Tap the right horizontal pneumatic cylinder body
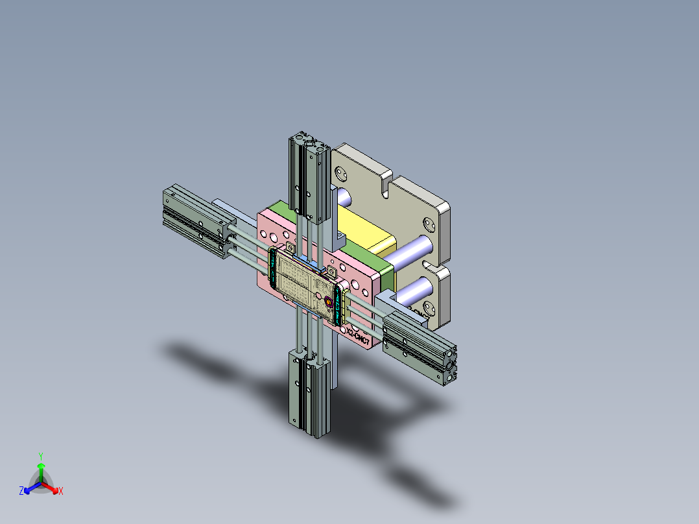[418, 347]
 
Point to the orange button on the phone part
[328, 302]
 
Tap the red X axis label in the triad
[61, 492]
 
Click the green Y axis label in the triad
[40, 456]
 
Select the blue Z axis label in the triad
[21, 492]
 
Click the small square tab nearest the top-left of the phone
[289, 247]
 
